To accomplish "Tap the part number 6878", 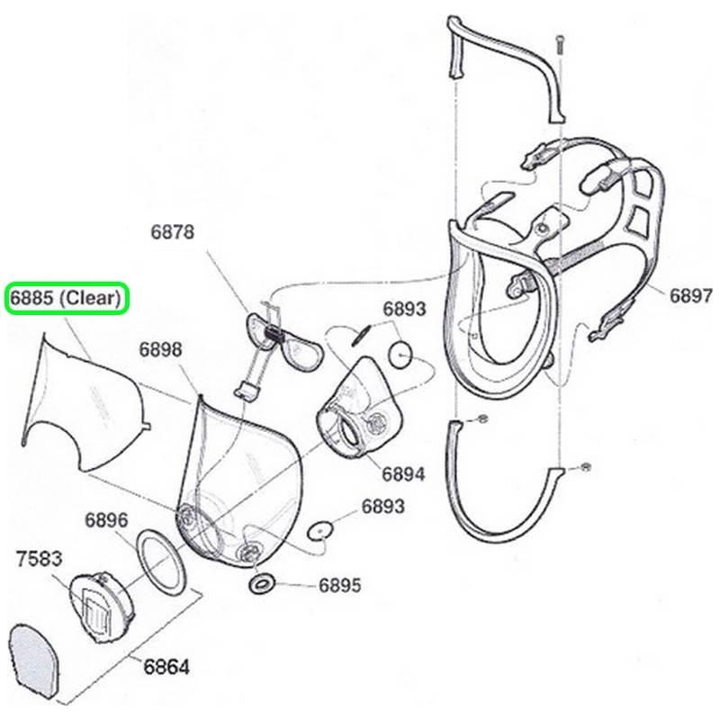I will [x=172, y=232].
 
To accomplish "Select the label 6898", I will [x=161, y=349].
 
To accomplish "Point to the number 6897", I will [x=690, y=294].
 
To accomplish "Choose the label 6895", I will [x=339, y=586].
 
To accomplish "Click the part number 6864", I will [x=166, y=667].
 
